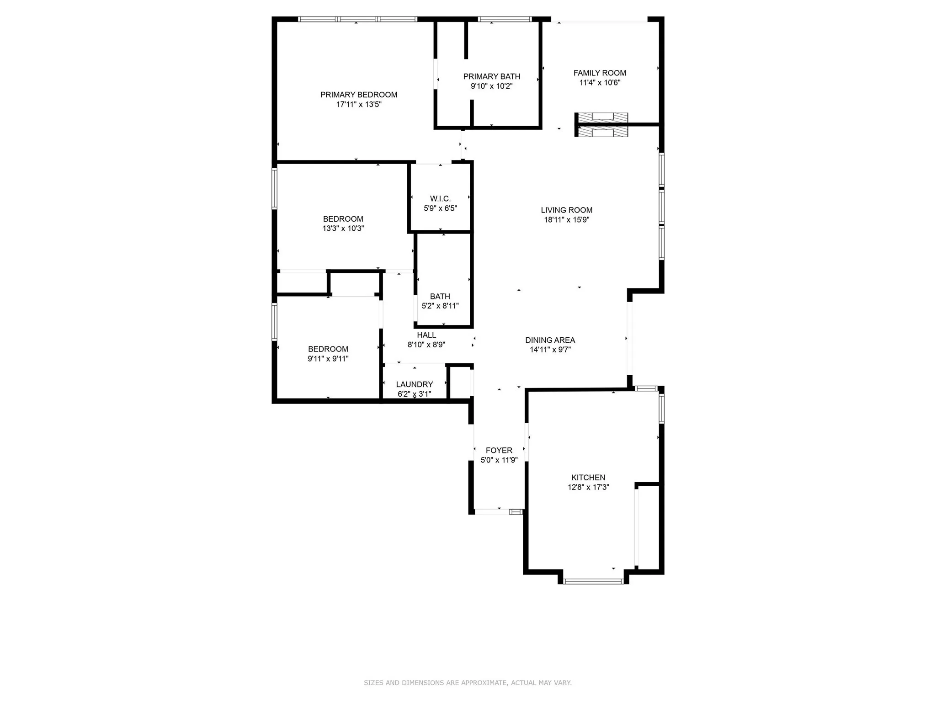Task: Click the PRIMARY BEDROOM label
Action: coord(358,95)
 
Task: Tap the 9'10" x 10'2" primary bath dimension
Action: coord(491,86)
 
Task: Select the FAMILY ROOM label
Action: coord(600,73)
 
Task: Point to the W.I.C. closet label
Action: coord(440,198)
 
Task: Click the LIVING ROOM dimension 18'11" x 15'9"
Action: coord(566,220)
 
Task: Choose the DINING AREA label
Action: coord(550,340)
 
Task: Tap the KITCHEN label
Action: coord(588,478)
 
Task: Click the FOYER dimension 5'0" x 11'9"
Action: coord(499,460)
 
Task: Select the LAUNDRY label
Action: coord(414,384)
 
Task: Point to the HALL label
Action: coord(426,335)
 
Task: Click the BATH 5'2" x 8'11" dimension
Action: coord(440,306)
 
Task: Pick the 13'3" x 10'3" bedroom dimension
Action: coord(343,229)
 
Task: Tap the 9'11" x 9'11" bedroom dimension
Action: coord(328,359)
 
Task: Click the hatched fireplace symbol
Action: coord(601,125)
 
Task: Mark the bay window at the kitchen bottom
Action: coord(593,581)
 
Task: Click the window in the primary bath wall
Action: coord(505,19)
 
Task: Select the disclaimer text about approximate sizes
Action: coord(468,683)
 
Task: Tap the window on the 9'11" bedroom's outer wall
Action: coord(274,322)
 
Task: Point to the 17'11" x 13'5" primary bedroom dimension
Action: coord(358,105)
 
